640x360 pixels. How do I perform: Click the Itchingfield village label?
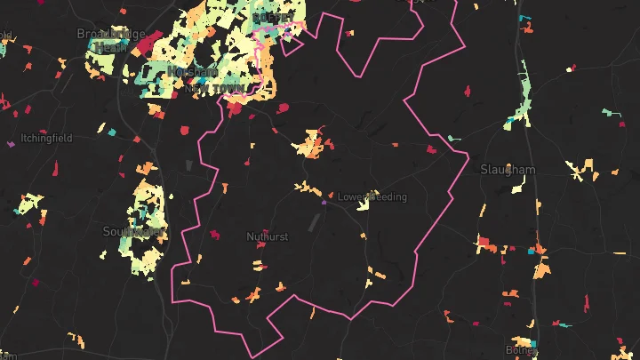pos(47,139)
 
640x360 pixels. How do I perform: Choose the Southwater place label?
pos(133,231)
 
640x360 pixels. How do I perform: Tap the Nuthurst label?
pos(267,236)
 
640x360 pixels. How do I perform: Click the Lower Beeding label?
pos(372,196)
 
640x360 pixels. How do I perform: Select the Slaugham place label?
pos(508,169)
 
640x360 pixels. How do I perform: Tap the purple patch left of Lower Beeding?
pos(324,203)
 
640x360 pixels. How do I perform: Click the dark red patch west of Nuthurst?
pos(214,235)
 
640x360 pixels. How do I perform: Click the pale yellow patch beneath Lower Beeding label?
pos(363,205)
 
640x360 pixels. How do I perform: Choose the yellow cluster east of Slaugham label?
pos(583,169)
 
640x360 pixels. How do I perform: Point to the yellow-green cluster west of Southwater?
pos(31,205)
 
